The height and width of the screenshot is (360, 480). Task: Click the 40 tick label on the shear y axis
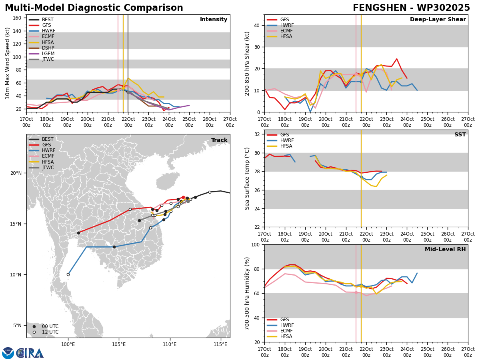257,26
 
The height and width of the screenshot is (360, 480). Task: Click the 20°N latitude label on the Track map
16,173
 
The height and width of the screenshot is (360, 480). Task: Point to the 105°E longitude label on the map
119,345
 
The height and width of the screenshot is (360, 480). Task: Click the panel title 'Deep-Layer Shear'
438,20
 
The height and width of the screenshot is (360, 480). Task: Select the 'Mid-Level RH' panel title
445,249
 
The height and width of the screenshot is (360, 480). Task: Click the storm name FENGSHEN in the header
380,8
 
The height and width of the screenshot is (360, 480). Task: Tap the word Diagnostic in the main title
94,8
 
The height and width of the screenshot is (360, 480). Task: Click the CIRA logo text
30,353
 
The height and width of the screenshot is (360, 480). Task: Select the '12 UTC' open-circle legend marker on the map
34,332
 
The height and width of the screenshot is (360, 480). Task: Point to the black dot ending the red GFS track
78,233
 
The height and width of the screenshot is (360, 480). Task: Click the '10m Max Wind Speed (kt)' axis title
7,63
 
